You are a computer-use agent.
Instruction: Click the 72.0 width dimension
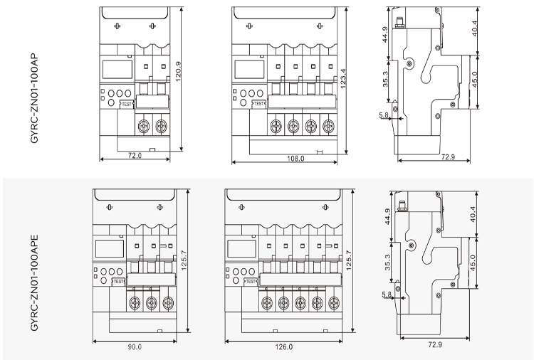coord(135,155)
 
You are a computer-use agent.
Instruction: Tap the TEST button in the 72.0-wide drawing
coord(127,105)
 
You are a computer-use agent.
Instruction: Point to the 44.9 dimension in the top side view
coord(386,34)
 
